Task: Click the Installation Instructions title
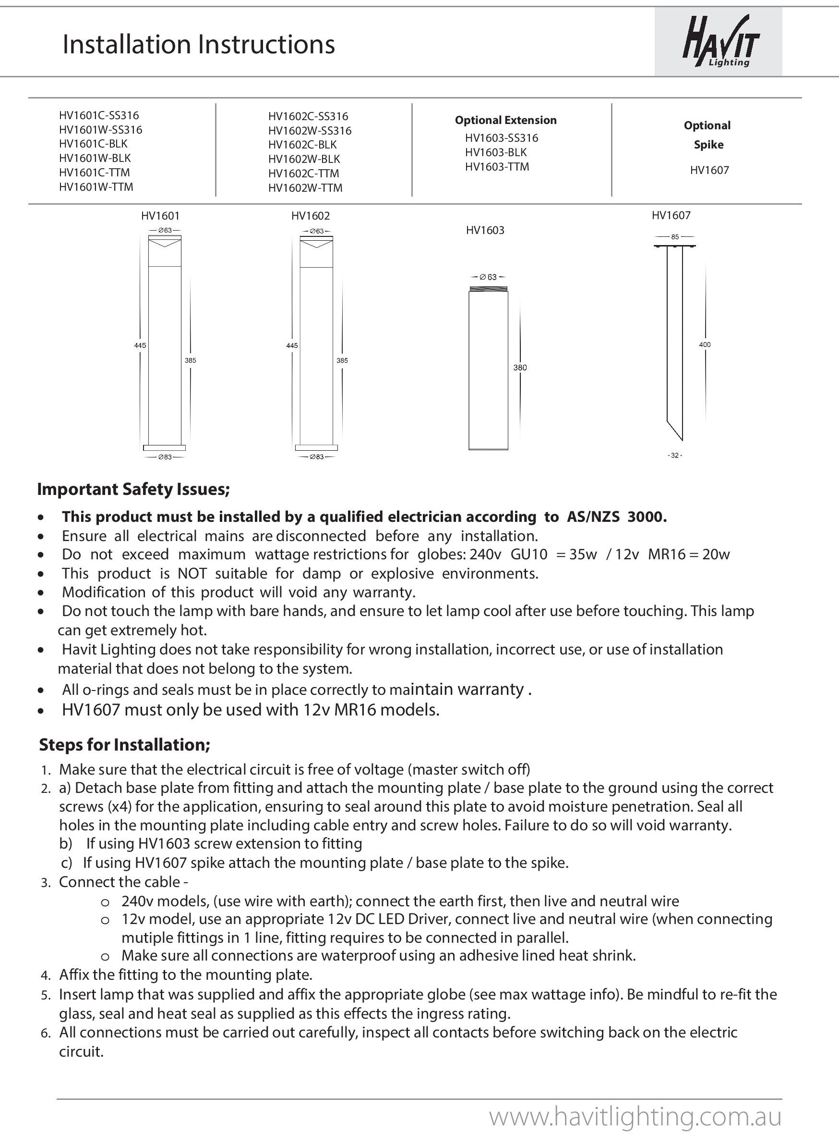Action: (x=199, y=44)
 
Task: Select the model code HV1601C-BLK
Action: (x=93, y=144)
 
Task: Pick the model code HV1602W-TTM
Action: (x=305, y=188)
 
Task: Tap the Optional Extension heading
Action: (x=505, y=121)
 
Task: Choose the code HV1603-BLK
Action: (x=496, y=152)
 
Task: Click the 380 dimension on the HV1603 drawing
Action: (x=520, y=368)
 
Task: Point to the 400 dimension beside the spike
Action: (x=705, y=345)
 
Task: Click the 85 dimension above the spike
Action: (x=674, y=237)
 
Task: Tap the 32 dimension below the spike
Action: (x=674, y=456)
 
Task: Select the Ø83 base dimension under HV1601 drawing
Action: (x=165, y=457)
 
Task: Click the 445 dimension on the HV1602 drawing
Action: (x=292, y=345)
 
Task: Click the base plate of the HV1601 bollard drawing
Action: (x=164, y=448)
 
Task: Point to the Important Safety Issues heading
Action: (x=133, y=489)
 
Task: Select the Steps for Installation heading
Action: (x=124, y=745)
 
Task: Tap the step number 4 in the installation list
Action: (x=45, y=975)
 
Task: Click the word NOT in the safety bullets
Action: (x=192, y=574)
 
